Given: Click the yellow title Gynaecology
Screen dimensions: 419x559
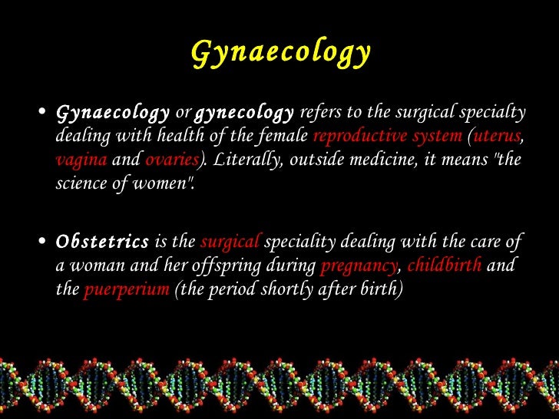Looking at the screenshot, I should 280,53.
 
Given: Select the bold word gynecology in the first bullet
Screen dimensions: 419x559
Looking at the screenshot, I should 244,114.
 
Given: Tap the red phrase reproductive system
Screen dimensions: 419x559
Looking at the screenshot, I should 388,137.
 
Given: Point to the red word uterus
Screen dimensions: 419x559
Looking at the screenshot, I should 498,137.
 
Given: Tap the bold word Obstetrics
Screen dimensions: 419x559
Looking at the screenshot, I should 103,242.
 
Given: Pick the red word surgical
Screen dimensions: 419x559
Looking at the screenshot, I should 230,242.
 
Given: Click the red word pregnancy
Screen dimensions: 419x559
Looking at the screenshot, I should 359,266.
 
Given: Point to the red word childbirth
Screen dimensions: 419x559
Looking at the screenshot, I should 445,266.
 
